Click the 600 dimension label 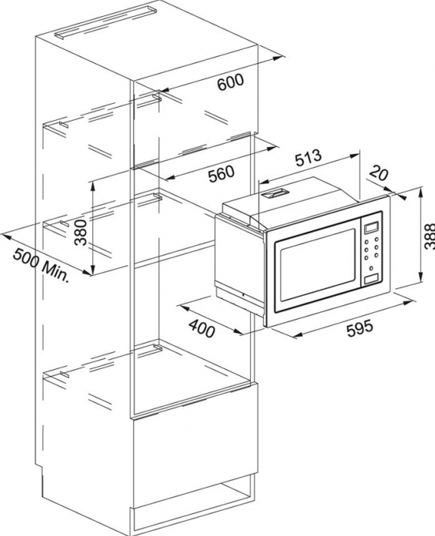pyautogui.click(x=231, y=82)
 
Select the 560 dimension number pyautogui.click(x=222, y=174)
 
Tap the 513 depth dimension pyautogui.click(x=309, y=157)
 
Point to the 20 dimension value pyautogui.click(x=379, y=172)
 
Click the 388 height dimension pyautogui.click(x=429, y=236)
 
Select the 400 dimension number pyautogui.click(x=202, y=328)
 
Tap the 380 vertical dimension pyautogui.click(x=82, y=232)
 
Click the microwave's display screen pyautogui.click(x=372, y=227)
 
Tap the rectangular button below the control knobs pyautogui.click(x=373, y=278)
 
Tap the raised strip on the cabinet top pyautogui.click(x=105, y=23)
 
